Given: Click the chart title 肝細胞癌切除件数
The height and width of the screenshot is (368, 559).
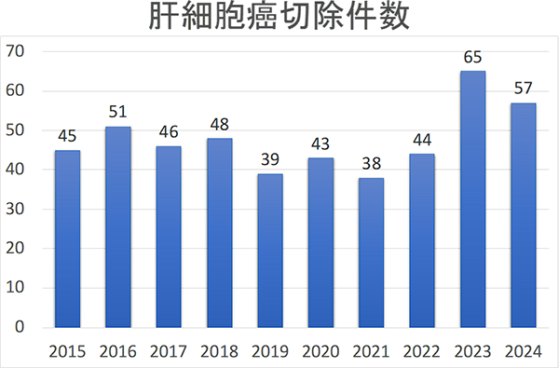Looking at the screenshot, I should (x=279, y=20).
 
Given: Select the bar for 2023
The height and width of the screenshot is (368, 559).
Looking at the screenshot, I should (x=472, y=199).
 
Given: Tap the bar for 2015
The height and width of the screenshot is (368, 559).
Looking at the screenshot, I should (x=67, y=239).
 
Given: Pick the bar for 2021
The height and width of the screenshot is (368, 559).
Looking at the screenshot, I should (x=371, y=252).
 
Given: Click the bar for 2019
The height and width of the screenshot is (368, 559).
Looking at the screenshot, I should (x=269, y=251).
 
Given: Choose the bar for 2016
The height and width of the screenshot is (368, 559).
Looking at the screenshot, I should (x=117, y=227).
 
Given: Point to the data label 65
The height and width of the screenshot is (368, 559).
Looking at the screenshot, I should (x=472, y=59).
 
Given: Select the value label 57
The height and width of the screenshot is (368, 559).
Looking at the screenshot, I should (x=523, y=90).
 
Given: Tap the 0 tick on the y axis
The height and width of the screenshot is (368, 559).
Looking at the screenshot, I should (x=19, y=328).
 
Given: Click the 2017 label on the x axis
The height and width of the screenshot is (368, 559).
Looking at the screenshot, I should (x=169, y=351).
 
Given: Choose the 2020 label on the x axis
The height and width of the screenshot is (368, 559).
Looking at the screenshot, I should (x=320, y=351).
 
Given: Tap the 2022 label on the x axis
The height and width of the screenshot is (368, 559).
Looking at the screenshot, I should (x=422, y=351).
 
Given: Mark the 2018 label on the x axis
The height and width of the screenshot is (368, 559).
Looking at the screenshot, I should (x=219, y=351).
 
